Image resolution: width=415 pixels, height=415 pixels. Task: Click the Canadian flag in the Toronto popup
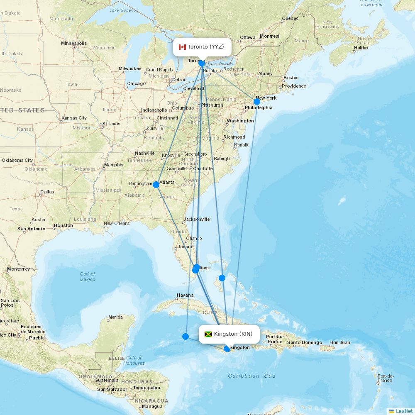click(182, 47)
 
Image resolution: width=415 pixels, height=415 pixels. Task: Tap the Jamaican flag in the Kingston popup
click(208, 334)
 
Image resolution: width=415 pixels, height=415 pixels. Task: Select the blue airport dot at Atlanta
click(156, 185)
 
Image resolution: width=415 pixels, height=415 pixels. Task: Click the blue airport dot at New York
click(257, 101)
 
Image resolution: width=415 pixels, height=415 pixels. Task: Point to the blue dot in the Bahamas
click(222, 278)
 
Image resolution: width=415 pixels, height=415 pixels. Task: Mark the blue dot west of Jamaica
click(186, 336)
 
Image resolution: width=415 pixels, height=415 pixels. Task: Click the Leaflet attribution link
click(404, 411)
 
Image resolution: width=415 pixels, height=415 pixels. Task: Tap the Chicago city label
click(136, 83)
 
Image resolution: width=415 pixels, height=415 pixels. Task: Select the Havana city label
click(185, 295)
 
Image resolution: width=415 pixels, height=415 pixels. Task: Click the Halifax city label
click(361, 48)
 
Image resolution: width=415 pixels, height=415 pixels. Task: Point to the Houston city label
click(63, 226)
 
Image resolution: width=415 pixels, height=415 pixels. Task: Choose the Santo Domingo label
click(305, 343)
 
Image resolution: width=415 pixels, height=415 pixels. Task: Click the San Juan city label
click(340, 343)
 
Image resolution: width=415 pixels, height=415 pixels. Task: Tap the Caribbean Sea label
click(251, 376)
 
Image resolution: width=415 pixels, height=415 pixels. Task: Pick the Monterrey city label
click(18, 269)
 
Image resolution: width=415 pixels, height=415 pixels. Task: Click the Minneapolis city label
click(74, 43)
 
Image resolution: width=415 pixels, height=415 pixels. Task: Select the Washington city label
click(240, 121)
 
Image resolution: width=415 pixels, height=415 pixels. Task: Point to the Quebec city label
click(290, 18)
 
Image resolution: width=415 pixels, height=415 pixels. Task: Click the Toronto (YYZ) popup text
click(206, 46)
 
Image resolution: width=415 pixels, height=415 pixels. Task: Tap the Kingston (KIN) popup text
click(233, 334)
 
